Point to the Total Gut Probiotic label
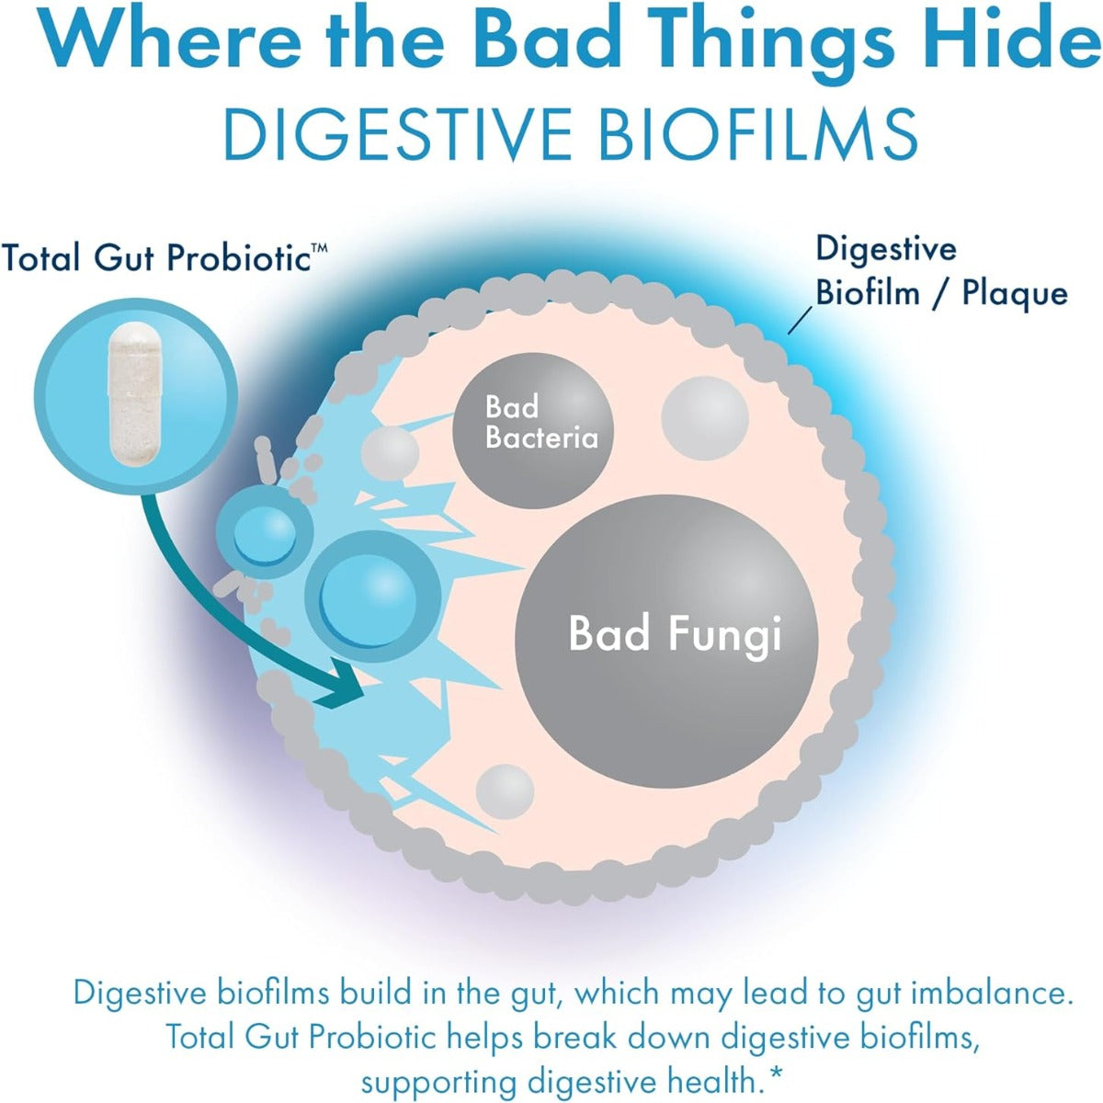coord(156,258)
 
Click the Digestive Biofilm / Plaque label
coord(941,271)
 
